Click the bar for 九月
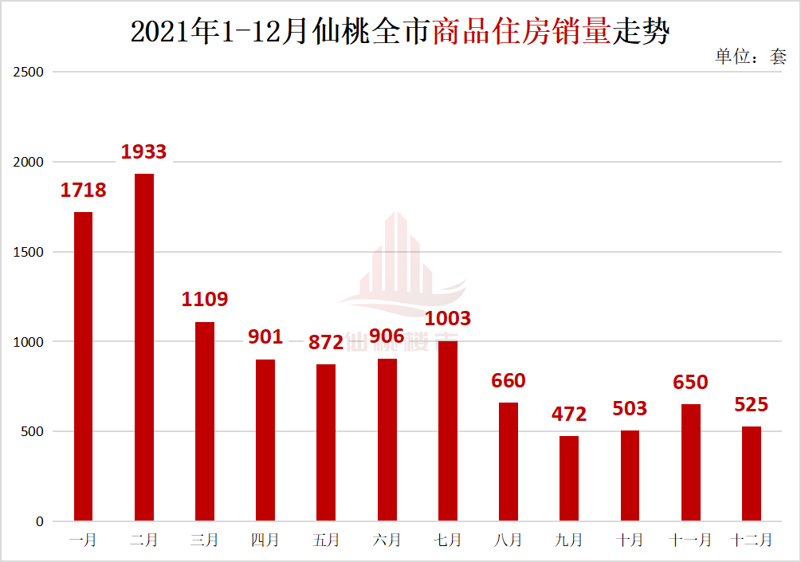569,478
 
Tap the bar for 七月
448,431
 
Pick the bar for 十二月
752,474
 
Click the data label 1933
143,151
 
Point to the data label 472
569,414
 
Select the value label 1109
205,299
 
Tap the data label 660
508,381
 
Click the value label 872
326,343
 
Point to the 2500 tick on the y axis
30,72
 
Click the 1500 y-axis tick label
30,252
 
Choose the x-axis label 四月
265,540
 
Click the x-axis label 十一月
690,540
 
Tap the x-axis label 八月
508,540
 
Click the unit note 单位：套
751,56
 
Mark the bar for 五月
326,442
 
